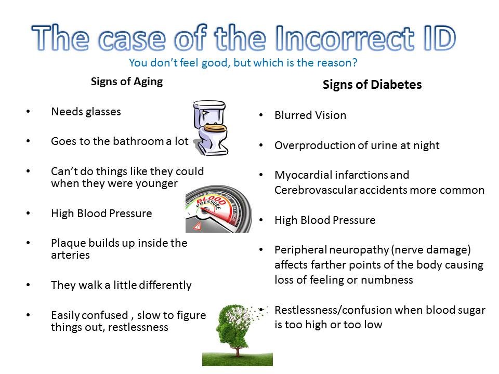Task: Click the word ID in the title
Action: coord(439,38)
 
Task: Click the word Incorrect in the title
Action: coord(345,38)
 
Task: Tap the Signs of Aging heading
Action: coord(127,82)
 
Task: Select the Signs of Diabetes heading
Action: coord(372,85)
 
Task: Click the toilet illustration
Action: coord(211,128)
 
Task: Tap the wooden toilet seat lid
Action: coord(215,128)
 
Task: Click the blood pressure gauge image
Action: coord(219,209)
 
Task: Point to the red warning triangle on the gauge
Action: coord(198,226)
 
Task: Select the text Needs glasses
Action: coord(86,112)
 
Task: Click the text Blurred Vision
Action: coord(310,115)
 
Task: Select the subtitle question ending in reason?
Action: coord(243,63)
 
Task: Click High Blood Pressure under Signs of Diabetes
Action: coord(325,220)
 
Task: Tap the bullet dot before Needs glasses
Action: coord(28,111)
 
